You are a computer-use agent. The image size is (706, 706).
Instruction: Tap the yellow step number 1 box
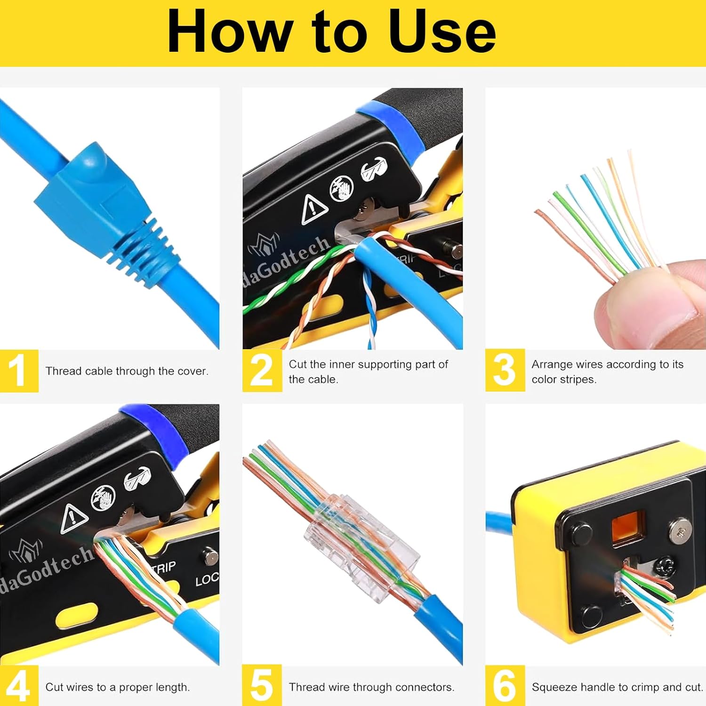(19, 371)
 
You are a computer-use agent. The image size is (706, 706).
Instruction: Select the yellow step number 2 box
(262, 371)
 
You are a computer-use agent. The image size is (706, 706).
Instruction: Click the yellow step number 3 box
(505, 371)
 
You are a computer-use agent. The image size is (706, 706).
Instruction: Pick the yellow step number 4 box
(19, 686)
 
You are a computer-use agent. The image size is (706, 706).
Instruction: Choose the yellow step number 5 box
(262, 686)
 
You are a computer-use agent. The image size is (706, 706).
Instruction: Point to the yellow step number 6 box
(505, 686)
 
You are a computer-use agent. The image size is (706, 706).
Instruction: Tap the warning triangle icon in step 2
(313, 209)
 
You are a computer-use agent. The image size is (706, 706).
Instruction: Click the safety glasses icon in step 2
(375, 168)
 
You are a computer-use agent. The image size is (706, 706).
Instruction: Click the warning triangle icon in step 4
(74, 518)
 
